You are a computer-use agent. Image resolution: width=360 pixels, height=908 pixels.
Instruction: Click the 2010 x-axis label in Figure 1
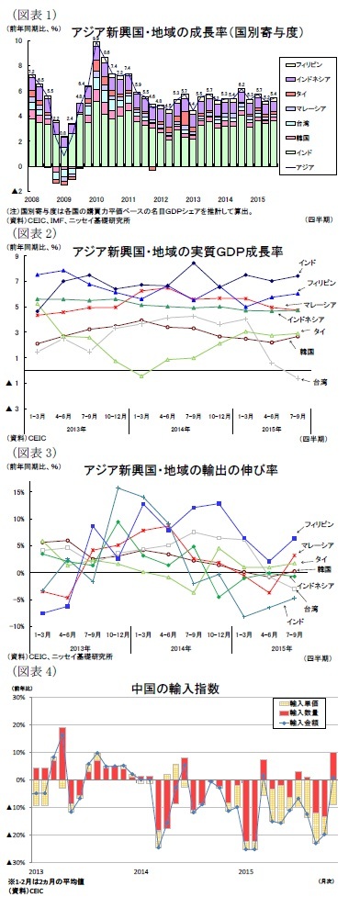point(96,198)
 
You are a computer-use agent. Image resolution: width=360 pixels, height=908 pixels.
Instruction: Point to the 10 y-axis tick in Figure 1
point(20,42)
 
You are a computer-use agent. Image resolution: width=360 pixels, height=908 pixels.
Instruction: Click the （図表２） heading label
point(31,233)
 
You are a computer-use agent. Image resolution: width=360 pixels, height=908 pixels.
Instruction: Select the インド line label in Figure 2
point(309,263)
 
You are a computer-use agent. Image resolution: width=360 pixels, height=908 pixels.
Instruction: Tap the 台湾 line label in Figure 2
point(319,380)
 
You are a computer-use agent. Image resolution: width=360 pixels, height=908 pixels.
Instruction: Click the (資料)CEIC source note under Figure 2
point(24,439)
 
